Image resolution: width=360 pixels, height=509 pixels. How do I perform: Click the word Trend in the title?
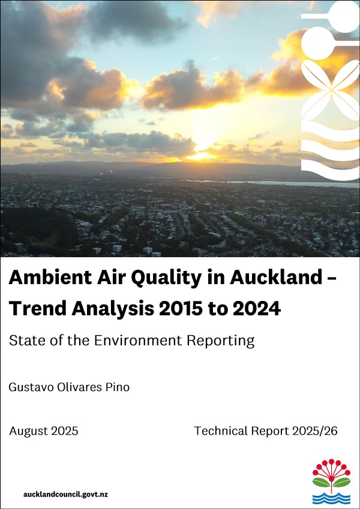coord(37,308)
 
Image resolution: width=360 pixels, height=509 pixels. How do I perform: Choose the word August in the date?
coord(29,432)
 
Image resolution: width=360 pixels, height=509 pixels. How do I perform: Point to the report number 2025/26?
coord(315,431)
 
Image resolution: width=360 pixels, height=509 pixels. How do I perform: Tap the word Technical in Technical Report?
coord(221,431)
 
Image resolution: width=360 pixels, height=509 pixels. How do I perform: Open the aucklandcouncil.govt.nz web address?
coord(65,495)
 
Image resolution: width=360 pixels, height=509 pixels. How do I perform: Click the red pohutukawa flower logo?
coord(331,473)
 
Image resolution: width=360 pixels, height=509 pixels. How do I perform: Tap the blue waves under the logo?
coord(331,498)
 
